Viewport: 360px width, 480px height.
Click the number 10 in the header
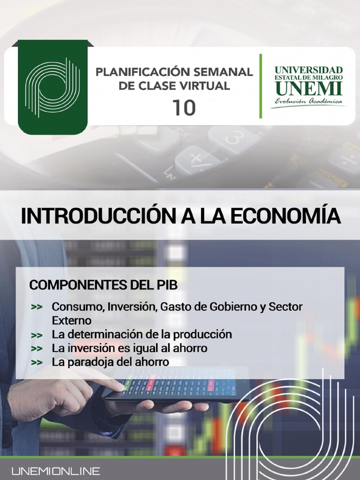click(x=184, y=107)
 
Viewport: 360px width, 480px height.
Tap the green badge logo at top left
click(x=52, y=87)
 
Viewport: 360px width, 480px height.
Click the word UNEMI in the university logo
click(x=308, y=88)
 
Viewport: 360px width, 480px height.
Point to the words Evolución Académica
click(x=308, y=102)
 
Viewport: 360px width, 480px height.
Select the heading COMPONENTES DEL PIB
click(x=103, y=285)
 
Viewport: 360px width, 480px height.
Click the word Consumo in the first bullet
click(x=77, y=307)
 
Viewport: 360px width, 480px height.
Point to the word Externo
click(x=71, y=321)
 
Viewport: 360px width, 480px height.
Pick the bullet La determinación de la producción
click(x=142, y=335)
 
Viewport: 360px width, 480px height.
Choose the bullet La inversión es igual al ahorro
click(x=129, y=348)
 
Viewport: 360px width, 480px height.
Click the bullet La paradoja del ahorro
click(x=110, y=362)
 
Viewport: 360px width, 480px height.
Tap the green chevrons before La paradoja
click(x=37, y=362)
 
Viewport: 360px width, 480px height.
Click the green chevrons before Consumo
click(x=37, y=307)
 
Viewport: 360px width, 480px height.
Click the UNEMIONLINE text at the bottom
click(x=56, y=471)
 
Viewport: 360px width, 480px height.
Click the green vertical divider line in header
click(x=261, y=86)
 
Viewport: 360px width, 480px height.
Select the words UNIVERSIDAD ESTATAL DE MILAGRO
click(x=308, y=73)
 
